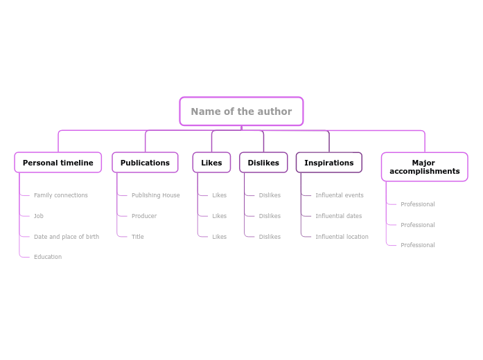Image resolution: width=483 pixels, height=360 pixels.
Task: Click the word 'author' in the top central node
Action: click(x=276, y=111)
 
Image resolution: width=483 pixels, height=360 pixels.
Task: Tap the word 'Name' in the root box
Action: click(x=204, y=111)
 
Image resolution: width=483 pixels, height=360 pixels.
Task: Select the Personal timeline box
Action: click(x=58, y=163)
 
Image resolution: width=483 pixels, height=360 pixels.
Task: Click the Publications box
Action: click(x=145, y=163)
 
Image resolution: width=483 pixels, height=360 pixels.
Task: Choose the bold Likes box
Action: click(x=211, y=163)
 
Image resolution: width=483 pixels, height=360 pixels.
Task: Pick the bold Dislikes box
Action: click(x=263, y=163)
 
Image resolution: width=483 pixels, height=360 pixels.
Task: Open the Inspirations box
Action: click(x=328, y=163)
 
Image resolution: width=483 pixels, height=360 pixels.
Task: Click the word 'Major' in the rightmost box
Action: click(x=423, y=163)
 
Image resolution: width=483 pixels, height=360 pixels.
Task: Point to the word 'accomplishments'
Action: click(x=424, y=172)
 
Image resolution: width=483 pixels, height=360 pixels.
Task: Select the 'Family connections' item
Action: click(x=61, y=195)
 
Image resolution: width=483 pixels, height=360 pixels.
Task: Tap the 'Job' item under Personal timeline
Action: click(x=39, y=216)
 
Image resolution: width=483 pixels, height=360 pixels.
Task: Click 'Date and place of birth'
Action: click(x=67, y=237)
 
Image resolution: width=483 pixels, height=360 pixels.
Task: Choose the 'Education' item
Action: click(x=48, y=257)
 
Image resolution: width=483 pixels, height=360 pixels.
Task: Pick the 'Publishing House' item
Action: click(x=155, y=195)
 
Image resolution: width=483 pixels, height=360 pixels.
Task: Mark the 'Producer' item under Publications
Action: click(x=144, y=216)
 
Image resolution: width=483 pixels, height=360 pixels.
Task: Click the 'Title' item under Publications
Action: click(x=138, y=237)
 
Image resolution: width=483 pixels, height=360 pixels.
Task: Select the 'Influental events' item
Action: click(x=340, y=195)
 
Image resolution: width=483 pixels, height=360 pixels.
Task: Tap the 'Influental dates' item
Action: click(x=338, y=216)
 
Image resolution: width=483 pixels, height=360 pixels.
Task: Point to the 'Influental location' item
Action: click(x=342, y=237)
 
